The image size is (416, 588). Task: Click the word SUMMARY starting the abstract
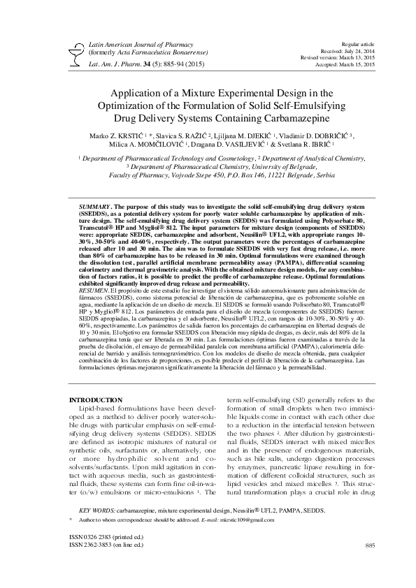(x=94, y=207)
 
